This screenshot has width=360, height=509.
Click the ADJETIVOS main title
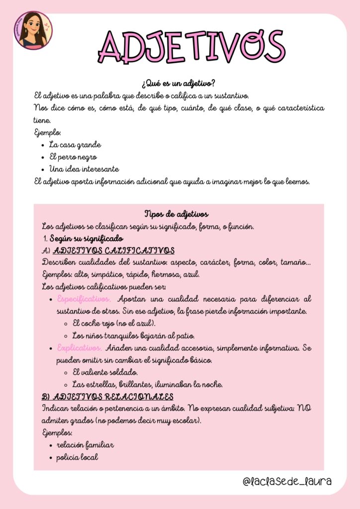click(x=191, y=46)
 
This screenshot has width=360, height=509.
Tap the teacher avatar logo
click(x=32, y=31)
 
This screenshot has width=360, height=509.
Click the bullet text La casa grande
click(x=75, y=145)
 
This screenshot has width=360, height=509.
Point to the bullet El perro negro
click(x=73, y=157)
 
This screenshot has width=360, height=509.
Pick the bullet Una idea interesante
click(x=84, y=169)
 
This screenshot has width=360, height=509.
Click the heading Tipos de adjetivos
click(x=176, y=214)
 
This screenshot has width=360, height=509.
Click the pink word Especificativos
click(x=84, y=299)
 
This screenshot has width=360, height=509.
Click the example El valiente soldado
click(x=105, y=372)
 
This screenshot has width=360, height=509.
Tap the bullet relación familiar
click(x=85, y=445)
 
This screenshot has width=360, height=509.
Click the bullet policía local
click(x=77, y=457)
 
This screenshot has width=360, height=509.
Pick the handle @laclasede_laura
click(x=287, y=482)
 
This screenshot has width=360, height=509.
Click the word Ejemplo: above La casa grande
click(x=48, y=133)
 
